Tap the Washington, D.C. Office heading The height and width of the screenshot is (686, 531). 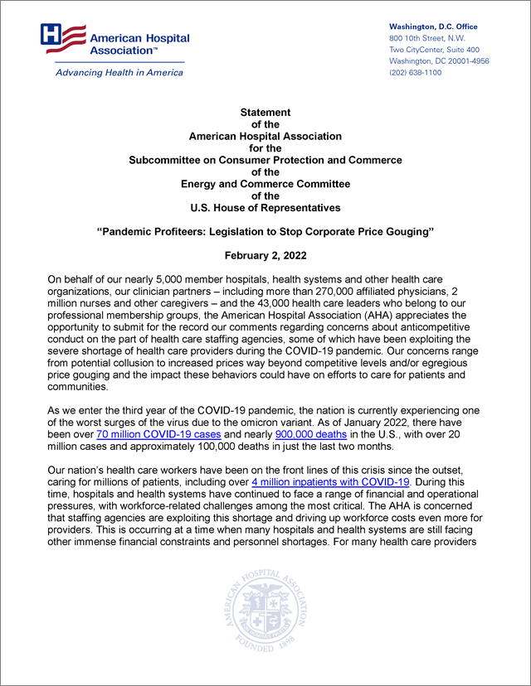point(433,27)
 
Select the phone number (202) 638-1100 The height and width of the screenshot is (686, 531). point(415,73)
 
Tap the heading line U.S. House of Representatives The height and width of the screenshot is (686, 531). point(265,207)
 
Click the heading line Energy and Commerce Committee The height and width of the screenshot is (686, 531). point(265,183)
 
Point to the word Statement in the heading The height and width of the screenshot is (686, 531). point(265,112)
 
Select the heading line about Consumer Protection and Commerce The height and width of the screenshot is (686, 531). point(265,160)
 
